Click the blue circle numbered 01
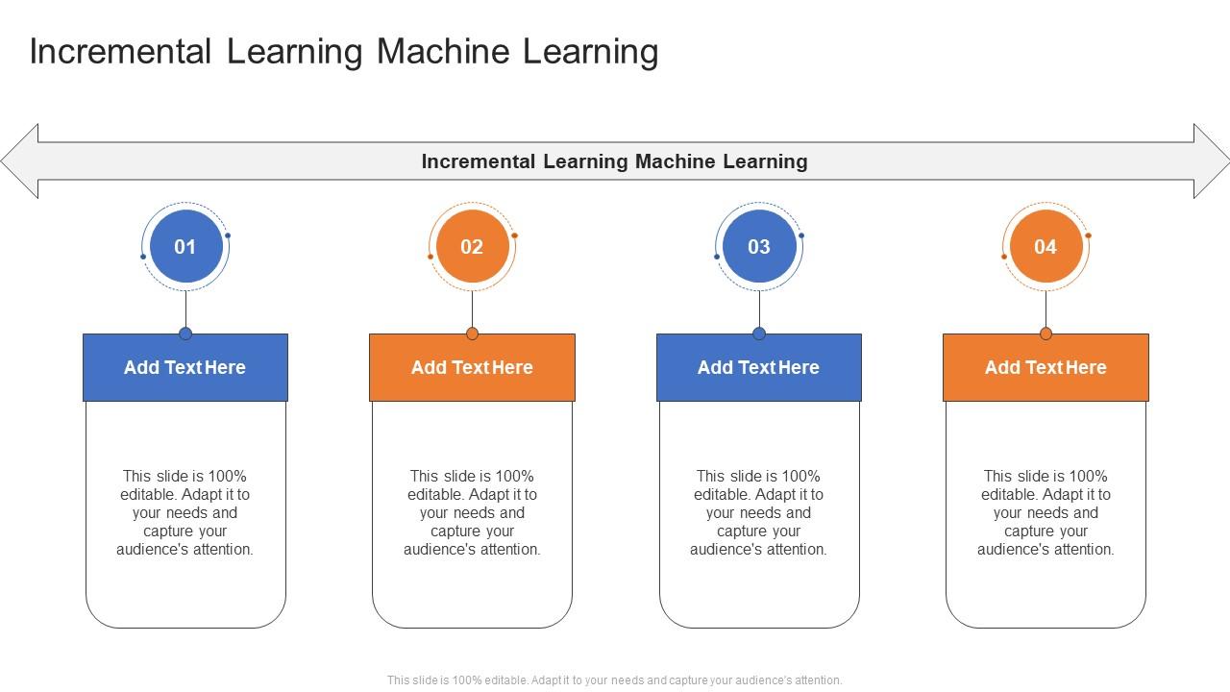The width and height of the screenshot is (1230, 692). pos(185,247)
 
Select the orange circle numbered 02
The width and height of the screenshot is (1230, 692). pos(472,247)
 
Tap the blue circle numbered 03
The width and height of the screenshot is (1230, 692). pos(759,247)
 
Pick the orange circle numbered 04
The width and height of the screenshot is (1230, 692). pos(1045,247)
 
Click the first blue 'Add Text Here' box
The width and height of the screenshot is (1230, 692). pos(185,367)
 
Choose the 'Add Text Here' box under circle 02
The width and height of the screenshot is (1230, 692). pos(472,367)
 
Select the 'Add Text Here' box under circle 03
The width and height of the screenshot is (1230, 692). pos(759,367)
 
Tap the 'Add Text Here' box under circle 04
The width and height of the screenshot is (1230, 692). pos(1045,367)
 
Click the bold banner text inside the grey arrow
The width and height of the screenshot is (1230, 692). pos(614,161)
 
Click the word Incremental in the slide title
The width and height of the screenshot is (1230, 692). pos(119,52)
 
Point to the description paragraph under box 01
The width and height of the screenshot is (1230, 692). pos(185,512)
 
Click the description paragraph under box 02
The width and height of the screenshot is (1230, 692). pos(472,512)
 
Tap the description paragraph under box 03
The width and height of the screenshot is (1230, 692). pos(759,512)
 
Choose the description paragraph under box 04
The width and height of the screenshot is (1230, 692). pos(1045,512)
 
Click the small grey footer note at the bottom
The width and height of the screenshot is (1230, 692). pos(614,680)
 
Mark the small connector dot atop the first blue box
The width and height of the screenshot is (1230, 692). pos(185,334)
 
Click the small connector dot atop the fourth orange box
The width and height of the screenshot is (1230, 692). pos(1045,334)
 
